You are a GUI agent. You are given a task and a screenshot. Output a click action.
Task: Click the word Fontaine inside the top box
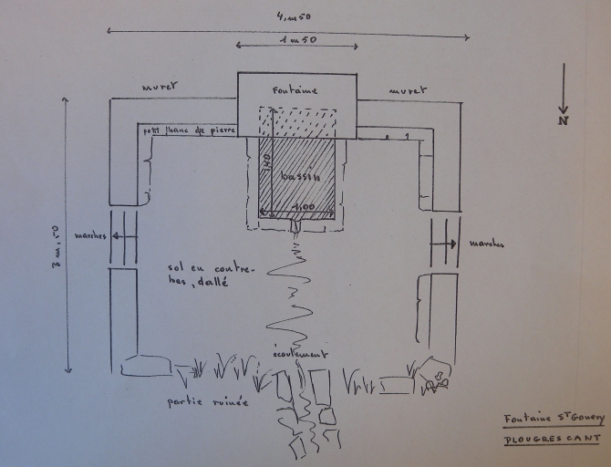coord(295,90)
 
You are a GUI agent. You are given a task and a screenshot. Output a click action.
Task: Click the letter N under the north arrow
coord(564,119)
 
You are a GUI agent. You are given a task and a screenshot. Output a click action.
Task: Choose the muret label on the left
coord(161,88)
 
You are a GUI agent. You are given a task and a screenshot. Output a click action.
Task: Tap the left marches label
coord(89,235)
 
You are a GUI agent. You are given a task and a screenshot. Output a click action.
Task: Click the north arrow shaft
coord(564,87)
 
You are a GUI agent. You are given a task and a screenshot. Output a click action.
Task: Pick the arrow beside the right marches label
coord(450,244)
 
